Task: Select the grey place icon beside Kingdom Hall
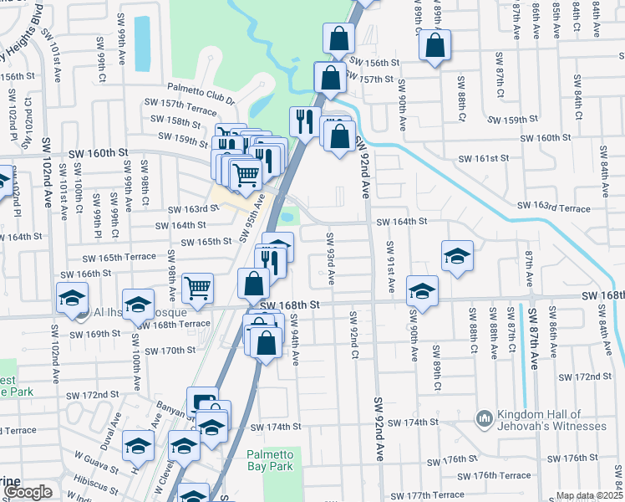click(x=484, y=417)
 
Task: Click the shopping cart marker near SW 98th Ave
click(x=198, y=289)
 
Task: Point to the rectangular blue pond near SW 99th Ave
click(x=142, y=43)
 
